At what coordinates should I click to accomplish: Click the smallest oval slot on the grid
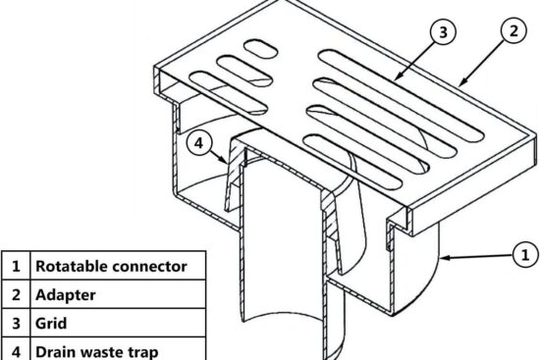262,47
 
